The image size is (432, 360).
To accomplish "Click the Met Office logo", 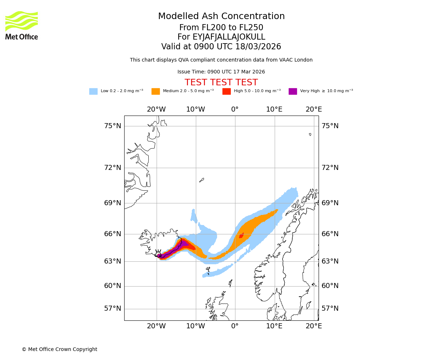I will point(22,25).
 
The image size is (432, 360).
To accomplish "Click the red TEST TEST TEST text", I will point(221,83).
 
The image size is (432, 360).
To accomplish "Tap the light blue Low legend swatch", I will point(93,91).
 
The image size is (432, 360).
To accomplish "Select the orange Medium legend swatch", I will point(156,91).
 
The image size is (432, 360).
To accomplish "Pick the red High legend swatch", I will point(226,91).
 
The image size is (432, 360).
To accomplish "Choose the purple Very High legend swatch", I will point(293,91).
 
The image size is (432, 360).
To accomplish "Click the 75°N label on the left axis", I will point(113,126).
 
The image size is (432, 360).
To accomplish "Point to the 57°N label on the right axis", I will point(330,309).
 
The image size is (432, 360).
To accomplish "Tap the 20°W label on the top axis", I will point(156,109).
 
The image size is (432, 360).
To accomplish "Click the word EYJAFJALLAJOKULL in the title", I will point(229,37).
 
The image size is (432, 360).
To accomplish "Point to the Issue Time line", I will point(221,72).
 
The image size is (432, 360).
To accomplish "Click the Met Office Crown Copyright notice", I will point(59,350).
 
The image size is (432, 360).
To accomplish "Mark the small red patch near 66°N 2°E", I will point(241,235).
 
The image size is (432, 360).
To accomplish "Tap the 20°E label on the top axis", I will point(314,109).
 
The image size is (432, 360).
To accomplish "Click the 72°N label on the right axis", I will point(330,168).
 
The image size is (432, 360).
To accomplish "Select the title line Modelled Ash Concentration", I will point(221,16).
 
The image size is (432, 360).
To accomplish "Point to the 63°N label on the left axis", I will point(113,261).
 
